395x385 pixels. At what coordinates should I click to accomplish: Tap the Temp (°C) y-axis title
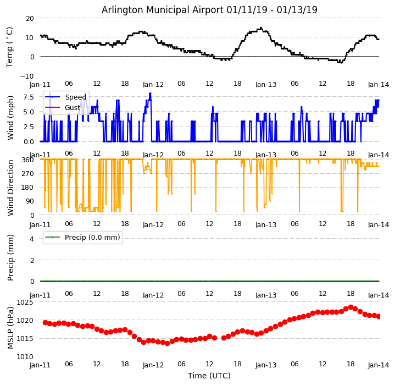(10, 47)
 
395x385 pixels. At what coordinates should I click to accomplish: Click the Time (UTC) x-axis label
(209, 376)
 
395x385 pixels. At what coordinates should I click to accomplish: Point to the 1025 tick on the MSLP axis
(25, 302)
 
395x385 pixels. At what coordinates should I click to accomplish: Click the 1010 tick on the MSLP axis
(25, 356)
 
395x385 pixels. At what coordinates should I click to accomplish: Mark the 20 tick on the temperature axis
(29, 18)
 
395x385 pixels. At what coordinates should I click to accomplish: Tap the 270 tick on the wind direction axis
(27, 174)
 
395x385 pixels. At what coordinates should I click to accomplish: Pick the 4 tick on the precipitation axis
(31, 239)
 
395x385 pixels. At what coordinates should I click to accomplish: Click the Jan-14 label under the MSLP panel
(379, 365)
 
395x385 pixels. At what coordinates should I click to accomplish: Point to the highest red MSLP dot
(351, 307)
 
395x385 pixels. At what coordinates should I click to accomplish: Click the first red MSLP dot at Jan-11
(45, 322)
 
